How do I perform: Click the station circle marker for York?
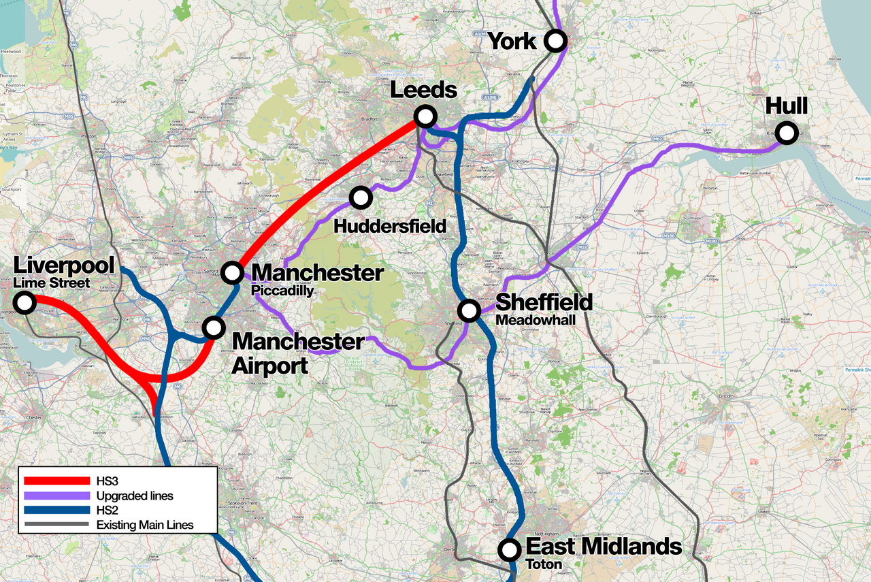tap(556, 41)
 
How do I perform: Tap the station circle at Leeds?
tap(425, 116)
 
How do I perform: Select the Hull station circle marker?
tap(787, 133)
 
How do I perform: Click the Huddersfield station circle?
tap(361, 198)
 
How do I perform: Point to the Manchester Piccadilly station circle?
tap(233, 272)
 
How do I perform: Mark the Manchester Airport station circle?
tap(214, 327)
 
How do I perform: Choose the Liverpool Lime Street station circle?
tap(25, 302)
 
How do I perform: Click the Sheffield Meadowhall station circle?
tap(469, 310)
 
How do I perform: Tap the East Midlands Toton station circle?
tap(508, 549)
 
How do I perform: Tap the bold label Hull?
tap(787, 106)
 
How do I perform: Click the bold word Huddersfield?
tap(390, 225)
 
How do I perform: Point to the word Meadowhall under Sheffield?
tap(534, 320)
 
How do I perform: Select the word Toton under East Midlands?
tap(543, 564)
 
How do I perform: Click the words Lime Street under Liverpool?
tap(51, 283)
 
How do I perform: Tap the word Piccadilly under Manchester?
tap(282, 291)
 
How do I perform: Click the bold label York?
tap(512, 41)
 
